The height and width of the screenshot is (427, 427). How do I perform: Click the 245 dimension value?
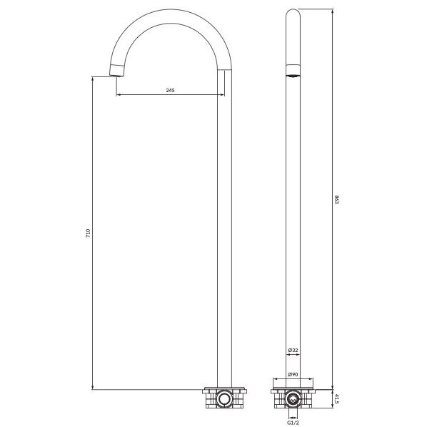tap(170, 90)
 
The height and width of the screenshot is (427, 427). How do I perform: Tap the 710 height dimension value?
tap(88, 233)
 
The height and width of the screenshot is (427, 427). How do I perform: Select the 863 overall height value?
tap(336, 199)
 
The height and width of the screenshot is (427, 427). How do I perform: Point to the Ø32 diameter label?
tap(293, 350)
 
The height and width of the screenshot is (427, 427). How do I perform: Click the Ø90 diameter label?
tap(293, 374)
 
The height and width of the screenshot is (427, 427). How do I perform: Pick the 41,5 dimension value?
tap(336, 398)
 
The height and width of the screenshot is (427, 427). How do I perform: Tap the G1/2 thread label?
tap(293, 423)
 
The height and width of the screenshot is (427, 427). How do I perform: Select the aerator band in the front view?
tap(293, 70)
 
